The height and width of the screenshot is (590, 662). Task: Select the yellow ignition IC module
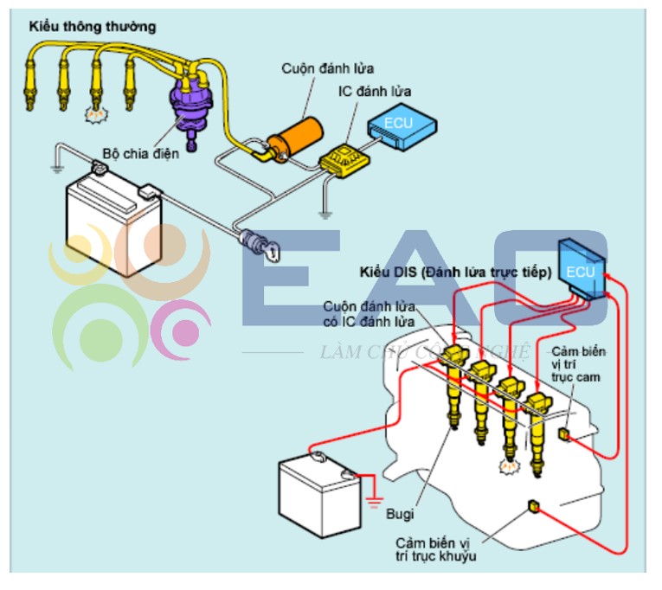344,161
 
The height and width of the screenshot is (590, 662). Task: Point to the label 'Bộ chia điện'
141,154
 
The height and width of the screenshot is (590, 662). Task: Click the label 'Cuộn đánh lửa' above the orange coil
328,69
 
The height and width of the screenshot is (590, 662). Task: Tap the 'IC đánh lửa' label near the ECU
375,91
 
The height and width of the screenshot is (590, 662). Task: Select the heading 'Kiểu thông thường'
93,27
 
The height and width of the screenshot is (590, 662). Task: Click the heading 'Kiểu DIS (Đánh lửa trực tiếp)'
455,273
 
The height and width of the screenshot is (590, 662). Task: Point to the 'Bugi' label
400,514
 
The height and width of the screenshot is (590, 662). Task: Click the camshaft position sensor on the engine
564,433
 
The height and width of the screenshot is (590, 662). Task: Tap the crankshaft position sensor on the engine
534,506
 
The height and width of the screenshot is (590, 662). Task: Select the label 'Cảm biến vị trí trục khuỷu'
435,549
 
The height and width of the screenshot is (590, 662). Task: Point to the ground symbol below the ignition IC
325,215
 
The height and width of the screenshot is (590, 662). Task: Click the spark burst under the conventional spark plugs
96,114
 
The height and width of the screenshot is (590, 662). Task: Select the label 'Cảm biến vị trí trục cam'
578,364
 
